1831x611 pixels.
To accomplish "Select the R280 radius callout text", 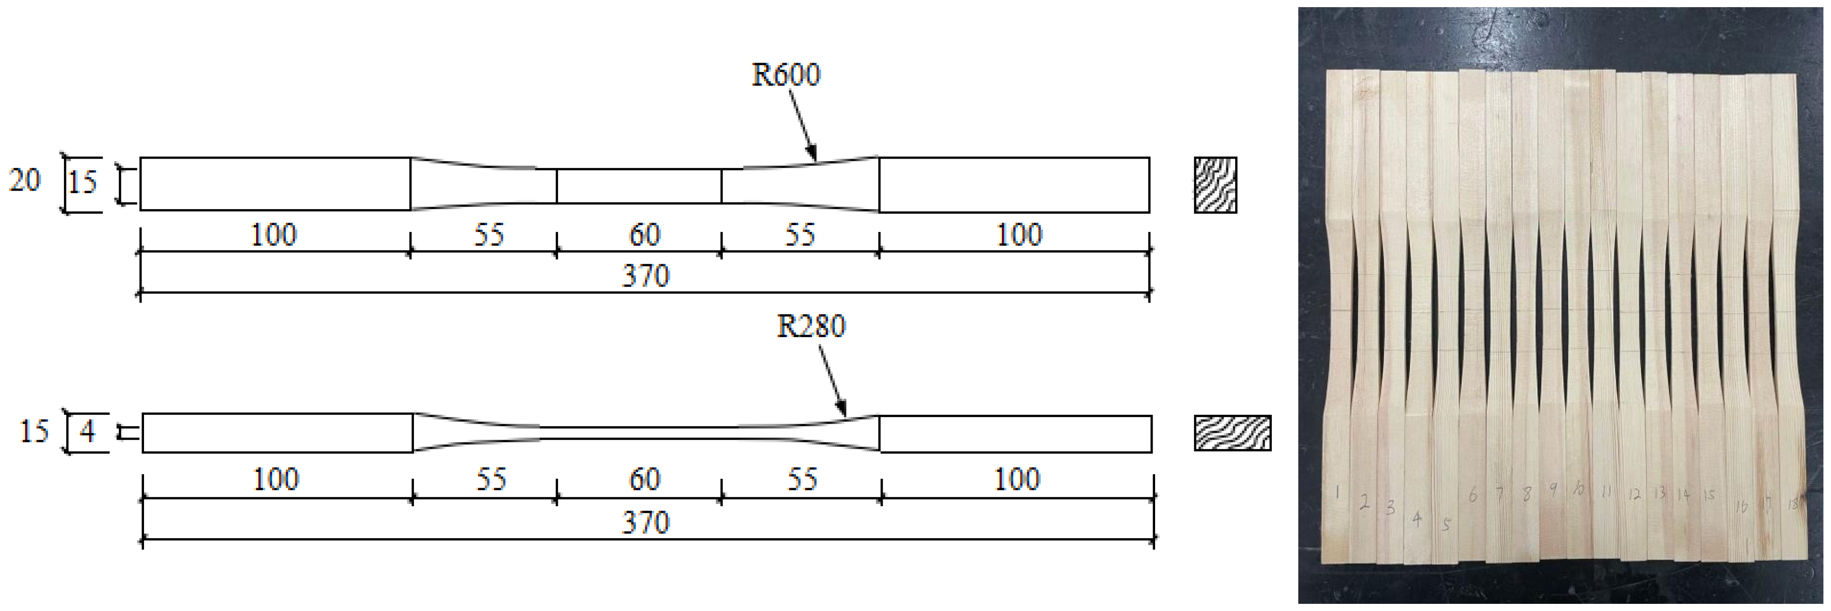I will coord(811,326).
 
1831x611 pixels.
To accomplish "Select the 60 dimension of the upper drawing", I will coord(645,234).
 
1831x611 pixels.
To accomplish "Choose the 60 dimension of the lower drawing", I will coord(645,479).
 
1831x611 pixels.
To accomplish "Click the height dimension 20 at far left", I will coord(25,181).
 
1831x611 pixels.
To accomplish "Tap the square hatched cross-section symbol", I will coord(1215,185).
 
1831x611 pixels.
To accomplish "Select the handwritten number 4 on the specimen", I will coord(1417,519).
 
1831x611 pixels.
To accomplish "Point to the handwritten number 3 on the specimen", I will coord(1391,507).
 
